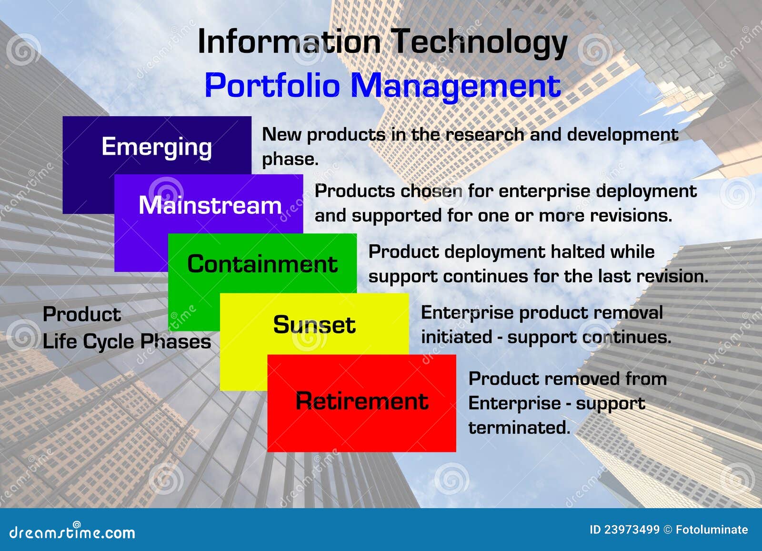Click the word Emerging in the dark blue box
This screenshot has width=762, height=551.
click(157, 147)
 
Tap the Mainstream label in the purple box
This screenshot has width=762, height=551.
click(210, 205)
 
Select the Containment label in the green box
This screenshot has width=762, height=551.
click(262, 264)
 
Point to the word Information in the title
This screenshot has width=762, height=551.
click(289, 41)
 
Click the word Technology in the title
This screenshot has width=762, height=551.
click(479, 43)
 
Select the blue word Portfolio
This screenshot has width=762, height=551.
click(272, 85)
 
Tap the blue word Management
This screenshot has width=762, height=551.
click(455, 87)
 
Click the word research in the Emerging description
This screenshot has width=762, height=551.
click(485, 135)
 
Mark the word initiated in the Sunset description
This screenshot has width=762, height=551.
click(457, 337)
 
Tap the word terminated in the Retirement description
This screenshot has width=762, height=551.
click(519, 428)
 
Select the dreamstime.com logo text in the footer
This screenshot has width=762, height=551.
click(72, 532)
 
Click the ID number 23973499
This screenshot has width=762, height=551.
click(632, 530)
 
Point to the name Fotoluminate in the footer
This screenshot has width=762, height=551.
click(712, 530)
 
